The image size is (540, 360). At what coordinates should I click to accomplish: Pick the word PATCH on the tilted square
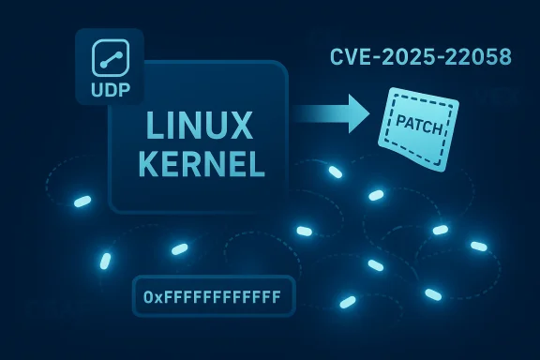(x=420, y=121)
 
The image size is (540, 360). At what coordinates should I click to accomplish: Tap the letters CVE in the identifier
(x=350, y=56)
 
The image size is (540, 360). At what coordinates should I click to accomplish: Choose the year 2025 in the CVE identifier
(x=405, y=56)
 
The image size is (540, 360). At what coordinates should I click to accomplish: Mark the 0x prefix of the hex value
(x=154, y=297)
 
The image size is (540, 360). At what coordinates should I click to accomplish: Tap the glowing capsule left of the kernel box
(x=82, y=202)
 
